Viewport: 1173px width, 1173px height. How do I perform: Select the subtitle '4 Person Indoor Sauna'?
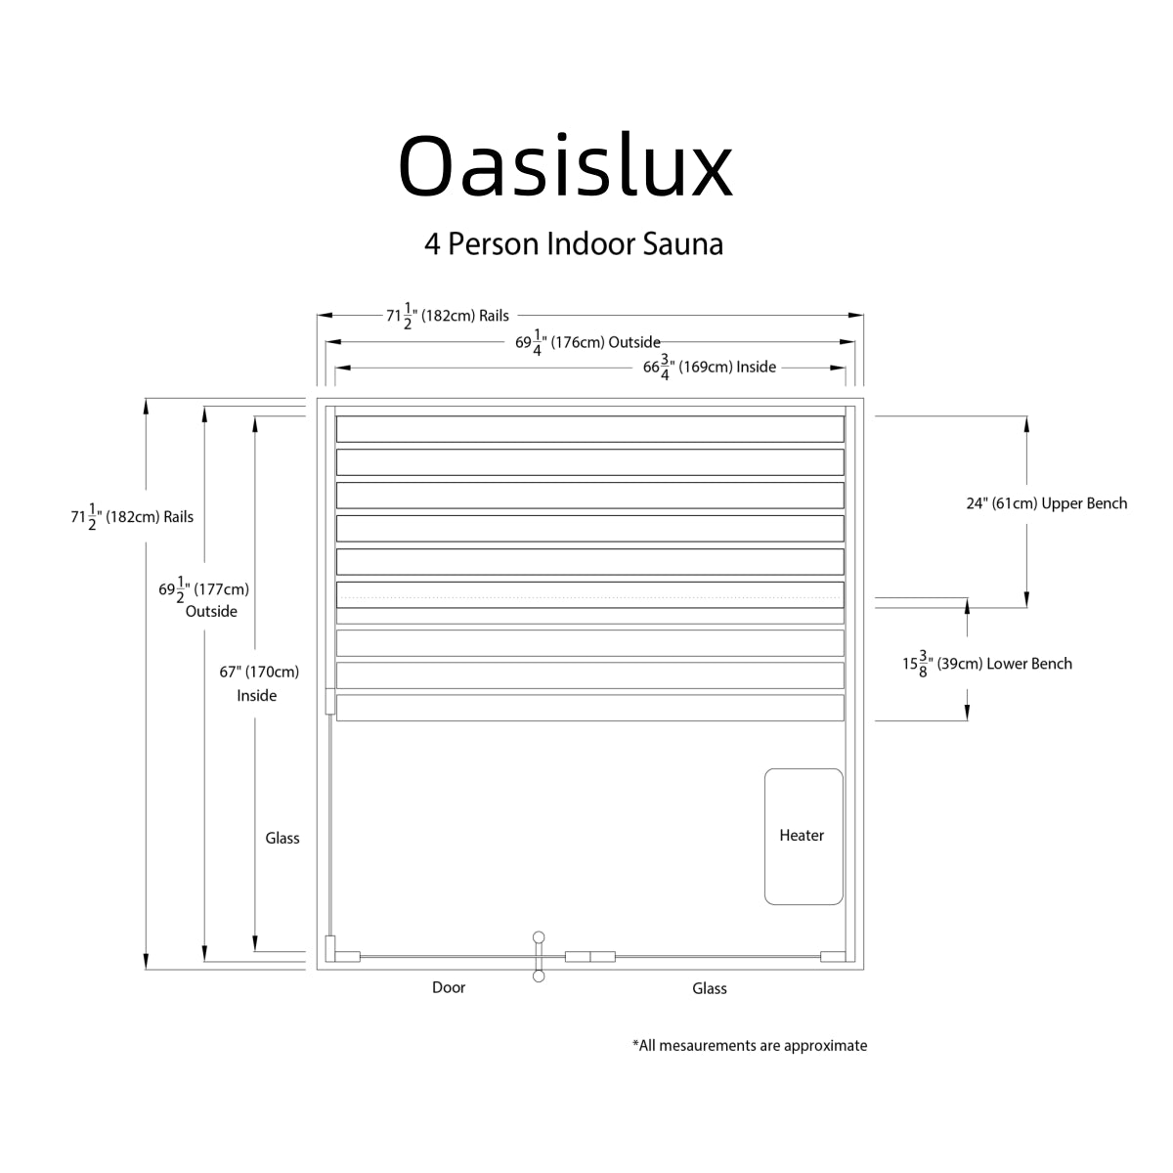tap(574, 243)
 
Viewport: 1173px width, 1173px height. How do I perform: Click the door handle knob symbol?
tap(538, 937)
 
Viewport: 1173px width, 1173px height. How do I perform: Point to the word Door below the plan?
tap(449, 987)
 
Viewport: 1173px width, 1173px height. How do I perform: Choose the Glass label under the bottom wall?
tap(710, 988)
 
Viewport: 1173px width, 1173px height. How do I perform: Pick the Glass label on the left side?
tap(282, 838)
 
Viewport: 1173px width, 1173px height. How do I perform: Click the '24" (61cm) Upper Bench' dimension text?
tap(1046, 503)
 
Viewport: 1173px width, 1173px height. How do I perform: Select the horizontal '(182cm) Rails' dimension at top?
tap(448, 316)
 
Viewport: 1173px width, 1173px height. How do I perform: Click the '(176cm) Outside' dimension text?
tap(588, 342)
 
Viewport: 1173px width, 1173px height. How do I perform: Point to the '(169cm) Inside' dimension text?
tap(709, 368)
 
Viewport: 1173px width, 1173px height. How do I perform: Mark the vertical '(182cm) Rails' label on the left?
tap(132, 517)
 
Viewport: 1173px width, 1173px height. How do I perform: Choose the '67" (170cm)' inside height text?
tap(259, 672)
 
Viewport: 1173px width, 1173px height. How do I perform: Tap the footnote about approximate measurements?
tap(750, 1045)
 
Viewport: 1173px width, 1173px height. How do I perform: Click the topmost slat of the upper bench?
tap(589, 429)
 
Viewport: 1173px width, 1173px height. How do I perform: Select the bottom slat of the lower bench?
tap(589, 708)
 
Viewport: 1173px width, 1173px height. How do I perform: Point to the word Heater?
tap(802, 835)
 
